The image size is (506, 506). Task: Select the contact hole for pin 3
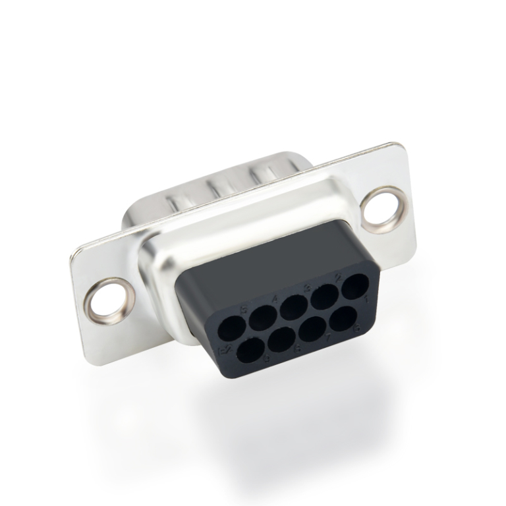pyautogui.click(x=293, y=306)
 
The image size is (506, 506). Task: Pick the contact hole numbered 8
pyautogui.click(x=280, y=342)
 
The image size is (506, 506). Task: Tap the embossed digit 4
pyautogui.click(x=274, y=299)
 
